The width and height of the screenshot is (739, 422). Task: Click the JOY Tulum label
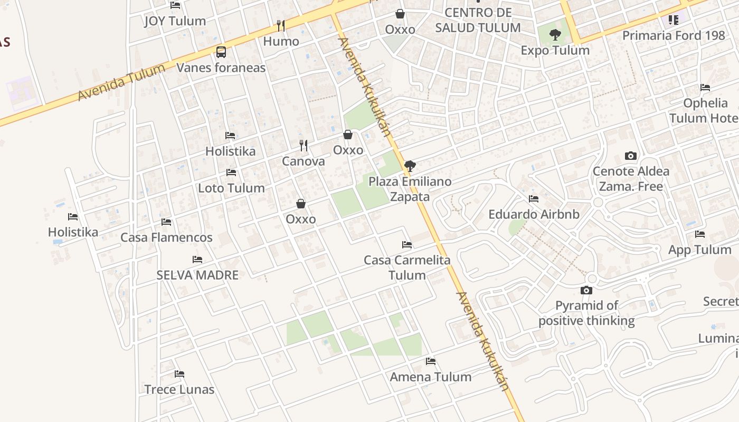pos(175,21)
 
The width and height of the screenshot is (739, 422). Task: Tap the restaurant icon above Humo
pos(281,25)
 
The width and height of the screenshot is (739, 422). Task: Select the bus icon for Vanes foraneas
pos(221,52)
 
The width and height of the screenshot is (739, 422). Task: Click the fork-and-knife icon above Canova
pos(304,145)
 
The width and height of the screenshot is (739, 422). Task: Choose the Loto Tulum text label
pos(231,188)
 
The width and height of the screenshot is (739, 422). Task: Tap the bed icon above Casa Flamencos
pos(166,222)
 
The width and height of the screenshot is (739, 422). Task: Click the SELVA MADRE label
pos(197,275)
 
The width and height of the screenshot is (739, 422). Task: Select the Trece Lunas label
pos(179,389)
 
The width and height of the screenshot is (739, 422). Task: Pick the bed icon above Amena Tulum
pos(431,361)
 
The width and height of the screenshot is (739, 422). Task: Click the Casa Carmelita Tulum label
pos(407,267)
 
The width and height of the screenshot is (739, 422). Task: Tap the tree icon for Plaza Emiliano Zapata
pos(410,166)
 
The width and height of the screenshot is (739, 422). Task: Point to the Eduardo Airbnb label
pos(534,214)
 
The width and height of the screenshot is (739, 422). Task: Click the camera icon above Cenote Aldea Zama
pos(630,156)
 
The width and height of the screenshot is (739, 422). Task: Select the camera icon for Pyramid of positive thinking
pos(586,290)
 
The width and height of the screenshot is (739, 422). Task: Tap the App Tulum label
pos(699,250)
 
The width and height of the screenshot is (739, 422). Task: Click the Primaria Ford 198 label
pos(674,35)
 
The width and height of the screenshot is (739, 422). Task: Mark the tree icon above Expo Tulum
pos(555,35)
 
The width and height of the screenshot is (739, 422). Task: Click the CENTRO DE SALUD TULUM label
pos(478,20)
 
